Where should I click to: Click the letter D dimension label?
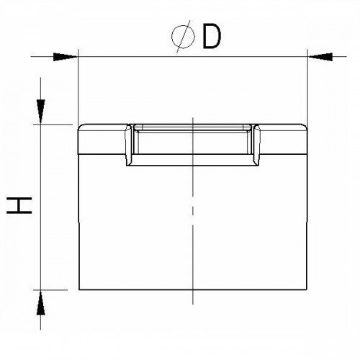[x=210, y=37]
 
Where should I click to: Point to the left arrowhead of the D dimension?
[x=66, y=55]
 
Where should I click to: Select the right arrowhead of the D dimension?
[x=319, y=55]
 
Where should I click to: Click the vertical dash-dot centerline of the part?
[x=192, y=216]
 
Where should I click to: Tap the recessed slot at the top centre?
[x=192, y=140]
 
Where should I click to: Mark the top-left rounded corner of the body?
[x=80, y=128]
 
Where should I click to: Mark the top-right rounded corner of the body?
[x=305, y=128]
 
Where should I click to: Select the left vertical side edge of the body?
[x=77, y=216]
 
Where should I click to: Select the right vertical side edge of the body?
[x=308, y=216]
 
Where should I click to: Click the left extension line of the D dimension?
[x=77, y=86]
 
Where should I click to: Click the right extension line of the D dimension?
[x=308, y=86]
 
